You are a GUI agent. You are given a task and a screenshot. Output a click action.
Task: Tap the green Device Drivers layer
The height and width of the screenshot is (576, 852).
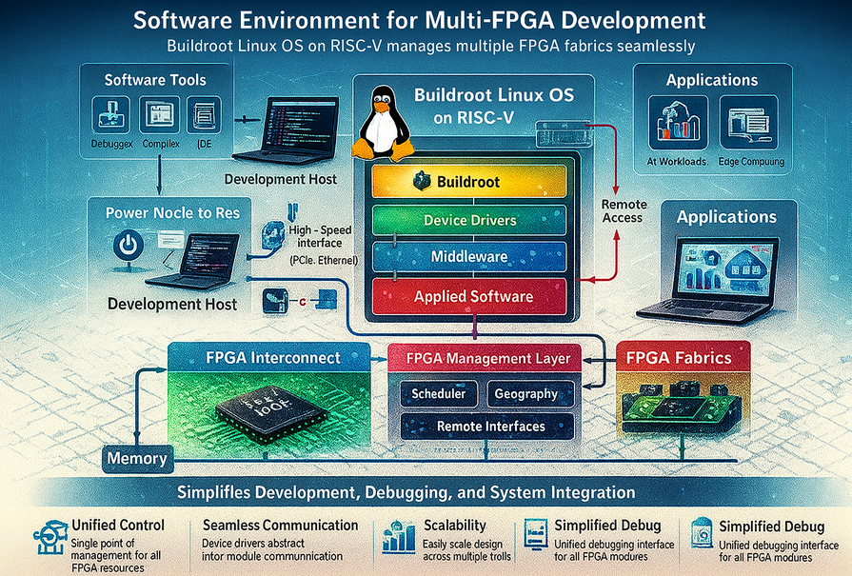(x=469, y=220)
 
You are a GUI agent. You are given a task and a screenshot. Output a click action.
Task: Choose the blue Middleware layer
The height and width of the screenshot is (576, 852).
(x=469, y=256)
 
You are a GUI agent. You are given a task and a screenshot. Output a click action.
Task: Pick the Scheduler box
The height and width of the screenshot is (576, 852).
(x=438, y=394)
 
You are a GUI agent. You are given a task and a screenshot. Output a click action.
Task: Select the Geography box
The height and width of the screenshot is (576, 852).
(x=525, y=394)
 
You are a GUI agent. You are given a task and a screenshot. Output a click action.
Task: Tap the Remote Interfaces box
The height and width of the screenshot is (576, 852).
(x=490, y=427)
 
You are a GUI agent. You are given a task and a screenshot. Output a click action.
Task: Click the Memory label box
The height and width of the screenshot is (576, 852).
(x=136, y=458)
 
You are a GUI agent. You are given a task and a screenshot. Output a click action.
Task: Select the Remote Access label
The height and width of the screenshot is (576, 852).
(x=624, y=210)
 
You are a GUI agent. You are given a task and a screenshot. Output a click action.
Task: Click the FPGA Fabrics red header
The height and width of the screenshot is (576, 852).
(x=678, y=358)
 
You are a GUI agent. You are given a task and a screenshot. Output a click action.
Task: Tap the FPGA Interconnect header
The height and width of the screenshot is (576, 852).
(x=273, y=358)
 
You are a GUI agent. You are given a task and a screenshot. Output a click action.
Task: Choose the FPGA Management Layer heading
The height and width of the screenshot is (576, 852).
(x=488, y=359)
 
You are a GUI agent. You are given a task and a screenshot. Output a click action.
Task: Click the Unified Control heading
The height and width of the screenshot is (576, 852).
(x=118, y=525)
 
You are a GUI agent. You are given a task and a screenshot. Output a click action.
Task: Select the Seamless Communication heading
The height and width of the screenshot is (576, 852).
(x=281, y=525)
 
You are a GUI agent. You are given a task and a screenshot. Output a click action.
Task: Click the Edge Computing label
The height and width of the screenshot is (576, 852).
(x=750, y=162)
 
